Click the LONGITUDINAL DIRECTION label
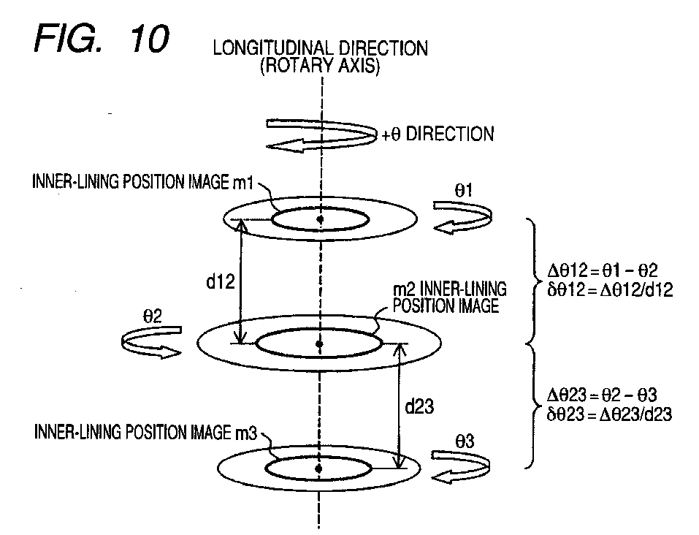click(x=320, y=48)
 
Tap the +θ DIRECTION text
click(x=438, y=134)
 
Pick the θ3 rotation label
click(x=465, y=441)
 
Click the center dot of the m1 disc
click(x=319, y=218)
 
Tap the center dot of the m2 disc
click(x=319, y=343)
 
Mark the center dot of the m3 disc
click(x=319, y=468)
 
